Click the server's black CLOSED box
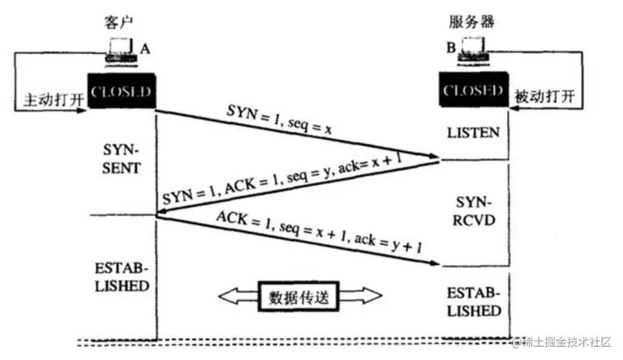tap(472, 90)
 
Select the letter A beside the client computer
tap(145, 48)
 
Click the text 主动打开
tap(49, 100)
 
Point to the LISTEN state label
tap(473, 133)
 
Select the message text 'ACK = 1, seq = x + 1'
tap(319, 234)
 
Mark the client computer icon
tap(119, 50)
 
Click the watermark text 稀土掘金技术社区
tap(568, 341)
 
